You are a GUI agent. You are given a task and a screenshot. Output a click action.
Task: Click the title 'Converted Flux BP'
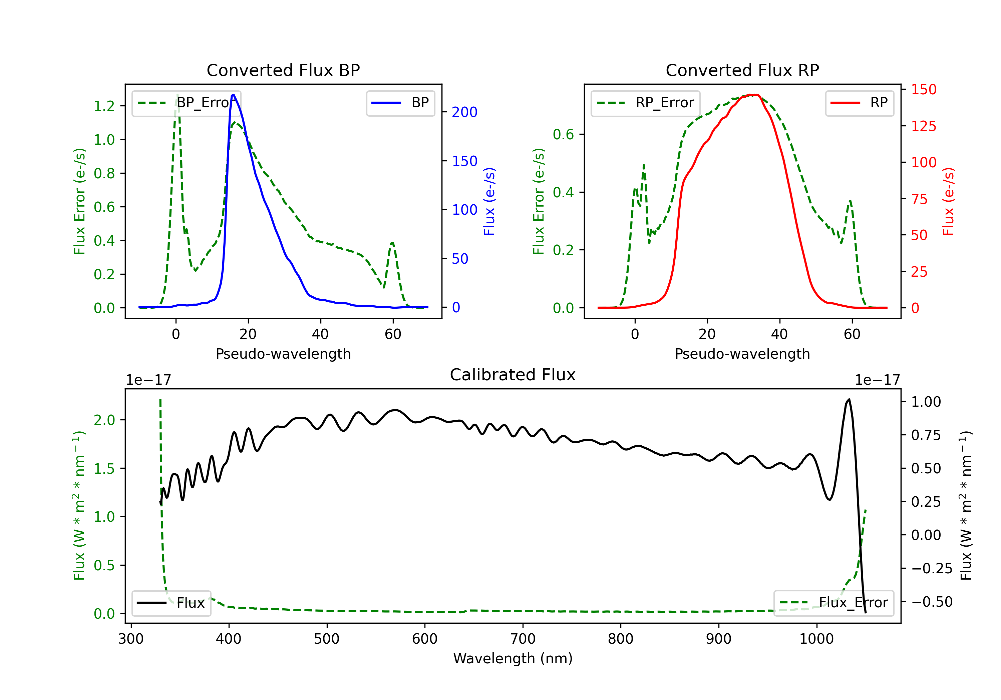pyautogui.click(x=283, y=70)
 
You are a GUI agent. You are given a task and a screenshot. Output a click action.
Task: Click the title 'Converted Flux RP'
pyautogui.click(x=742, y=70)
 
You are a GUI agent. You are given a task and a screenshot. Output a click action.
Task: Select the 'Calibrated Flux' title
pyautogui.click(x=513, y=375)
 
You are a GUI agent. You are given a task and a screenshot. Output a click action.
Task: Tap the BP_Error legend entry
pyautogui.click(x=187, y=103)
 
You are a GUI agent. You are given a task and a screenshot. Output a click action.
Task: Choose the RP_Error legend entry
pyautogui.click(x=645, y=103)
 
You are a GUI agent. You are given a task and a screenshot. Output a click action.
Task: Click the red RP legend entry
pyautogui.click(x=859, y=103)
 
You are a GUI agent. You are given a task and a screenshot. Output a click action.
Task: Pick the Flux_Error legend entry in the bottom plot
pyautogui.click(x=833, y=603)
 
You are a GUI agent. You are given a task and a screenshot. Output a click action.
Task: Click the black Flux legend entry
pyautogui.click(x=171, y=603)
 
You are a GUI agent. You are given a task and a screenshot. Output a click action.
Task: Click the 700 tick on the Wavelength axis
pyautogui.click(x=523, y=639)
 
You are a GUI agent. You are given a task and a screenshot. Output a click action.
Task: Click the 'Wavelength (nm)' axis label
pyautogui.click(x=513, y=659)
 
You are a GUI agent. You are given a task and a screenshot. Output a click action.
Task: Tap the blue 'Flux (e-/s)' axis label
pyautogui.click(x=489, y=202)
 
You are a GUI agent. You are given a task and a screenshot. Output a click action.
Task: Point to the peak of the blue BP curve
pyautogui.click(x=234, y=95)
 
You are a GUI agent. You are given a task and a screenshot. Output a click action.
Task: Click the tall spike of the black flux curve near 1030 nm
pyautogui.click(x=849, y=399)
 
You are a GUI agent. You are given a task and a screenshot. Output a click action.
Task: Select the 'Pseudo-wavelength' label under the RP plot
pyautogui.click(x=742, y=354)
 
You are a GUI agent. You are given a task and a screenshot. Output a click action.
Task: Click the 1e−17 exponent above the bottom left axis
pyautogui.click(x=149, y=380)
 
